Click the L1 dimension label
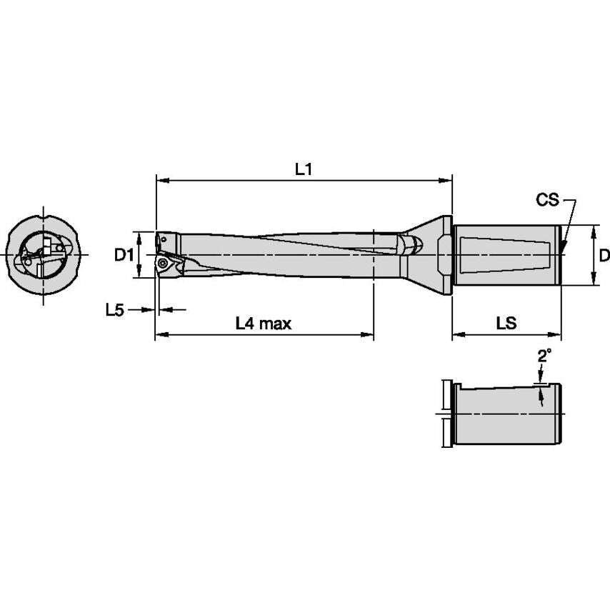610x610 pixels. tap(304, 169)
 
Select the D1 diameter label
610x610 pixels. tap(125, 254)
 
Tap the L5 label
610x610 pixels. tap(114, 309)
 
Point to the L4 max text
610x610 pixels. tap(264, 324)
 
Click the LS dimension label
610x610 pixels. tap(506, 324)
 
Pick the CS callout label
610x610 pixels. tap(547, 200)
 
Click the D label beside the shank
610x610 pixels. tap(604, 255)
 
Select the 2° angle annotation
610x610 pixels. tap(544, 355)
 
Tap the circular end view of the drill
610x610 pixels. tap(44, 254)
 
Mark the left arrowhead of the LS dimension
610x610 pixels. tap(456, 334)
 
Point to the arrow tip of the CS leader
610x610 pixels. tap(561, 251)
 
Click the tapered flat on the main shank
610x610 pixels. tap(507, 254)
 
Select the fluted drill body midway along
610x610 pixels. tap(286, 254)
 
